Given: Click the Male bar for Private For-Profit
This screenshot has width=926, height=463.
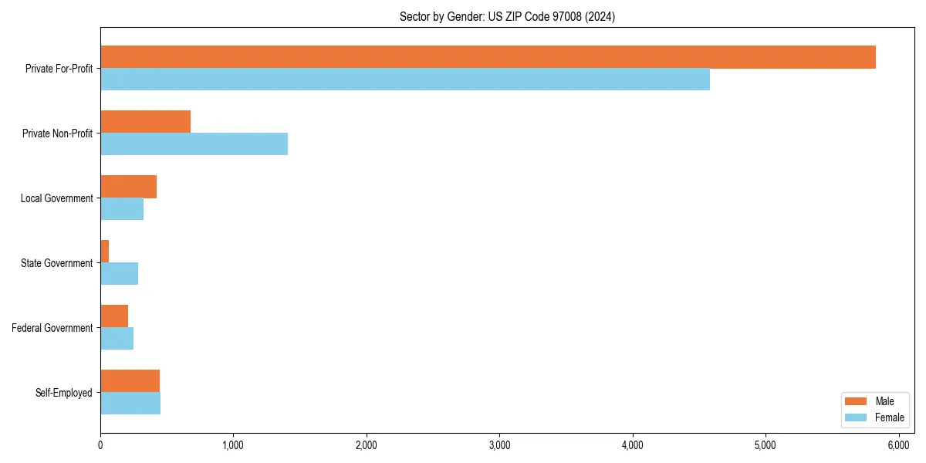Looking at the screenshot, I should (x=488, y=57).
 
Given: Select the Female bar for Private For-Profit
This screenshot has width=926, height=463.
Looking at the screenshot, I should (x=405, y=79).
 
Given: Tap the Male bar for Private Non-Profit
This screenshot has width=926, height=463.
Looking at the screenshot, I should (x=145, y=122).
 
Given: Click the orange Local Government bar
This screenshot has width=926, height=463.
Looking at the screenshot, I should (x=128, y=187).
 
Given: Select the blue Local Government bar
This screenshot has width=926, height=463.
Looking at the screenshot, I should (x=122, y=209).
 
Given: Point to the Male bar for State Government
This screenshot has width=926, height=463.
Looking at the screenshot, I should (x=105, y=252).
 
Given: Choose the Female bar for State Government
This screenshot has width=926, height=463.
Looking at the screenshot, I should (x=119, y=274).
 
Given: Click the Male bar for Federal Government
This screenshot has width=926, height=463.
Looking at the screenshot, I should (x=114, y=316).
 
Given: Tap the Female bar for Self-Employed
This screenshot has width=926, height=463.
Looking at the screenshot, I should (x=130, y=404).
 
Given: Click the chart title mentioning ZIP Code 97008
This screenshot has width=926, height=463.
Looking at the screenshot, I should (x=507, y=16).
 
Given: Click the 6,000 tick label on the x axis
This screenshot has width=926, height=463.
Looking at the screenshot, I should (x=898, y=445).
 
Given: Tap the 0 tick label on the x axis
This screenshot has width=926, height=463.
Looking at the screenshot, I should (x=100, y=445).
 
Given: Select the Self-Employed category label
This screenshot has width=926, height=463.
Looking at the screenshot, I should (x=63, y=393).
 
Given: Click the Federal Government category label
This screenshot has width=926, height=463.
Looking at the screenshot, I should (x=52, y=328).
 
